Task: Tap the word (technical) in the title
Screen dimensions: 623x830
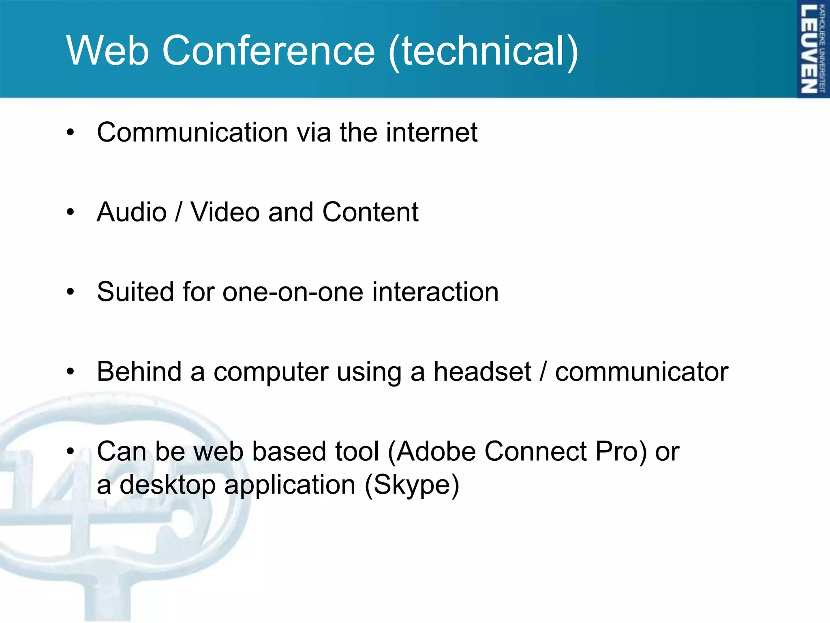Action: pos(483,50)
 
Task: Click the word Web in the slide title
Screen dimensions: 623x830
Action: pos(107,50)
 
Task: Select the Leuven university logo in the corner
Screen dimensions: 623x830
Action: pos(813,49)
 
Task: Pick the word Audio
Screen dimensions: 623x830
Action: pos(132,212)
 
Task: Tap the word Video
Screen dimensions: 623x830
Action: pos(225,212)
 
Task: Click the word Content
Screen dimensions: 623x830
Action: pos(370,212)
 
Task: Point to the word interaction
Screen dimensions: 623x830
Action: pos(435,292)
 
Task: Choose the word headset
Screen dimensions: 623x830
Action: pos(482,372)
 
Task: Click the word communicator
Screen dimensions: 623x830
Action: pos(642,372)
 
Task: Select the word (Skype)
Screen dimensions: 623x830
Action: pos(412,485)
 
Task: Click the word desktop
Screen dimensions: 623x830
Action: pos(167,485)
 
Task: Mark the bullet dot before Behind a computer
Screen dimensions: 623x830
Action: pos(71,372)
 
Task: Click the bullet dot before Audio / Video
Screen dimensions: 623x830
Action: pos(71,212)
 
